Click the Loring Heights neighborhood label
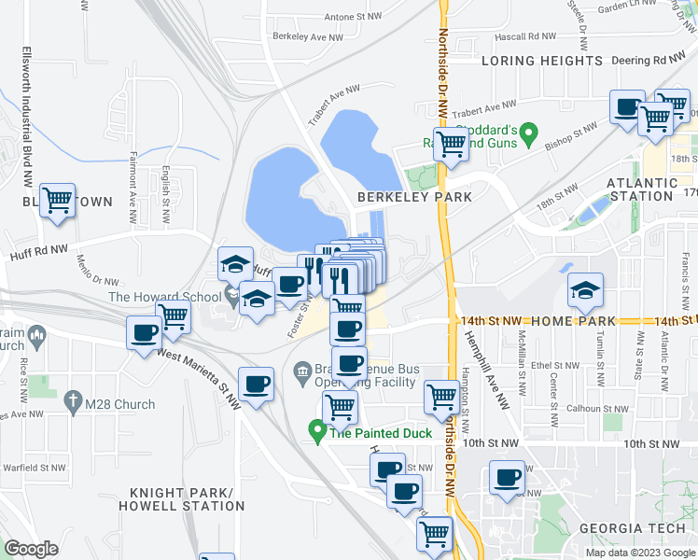[542, 61]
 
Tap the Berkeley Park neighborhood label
[414, 197]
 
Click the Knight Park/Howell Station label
[181, 499]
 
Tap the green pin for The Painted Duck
[317, 432]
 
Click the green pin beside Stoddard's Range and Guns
[528, 134]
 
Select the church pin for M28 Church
[74, 403]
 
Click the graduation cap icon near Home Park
[585, 290]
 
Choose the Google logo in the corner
[31, 548]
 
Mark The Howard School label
[164, 297]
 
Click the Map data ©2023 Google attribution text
[638, 553]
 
